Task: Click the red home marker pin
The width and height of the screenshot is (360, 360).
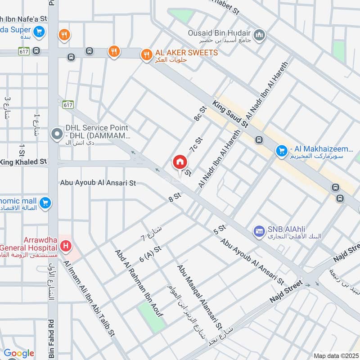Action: coord(180,162)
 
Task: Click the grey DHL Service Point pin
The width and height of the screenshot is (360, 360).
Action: coord(57,134)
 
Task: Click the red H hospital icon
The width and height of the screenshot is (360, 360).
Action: coord(66,246)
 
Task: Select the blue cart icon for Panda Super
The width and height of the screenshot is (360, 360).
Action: coord(40,31)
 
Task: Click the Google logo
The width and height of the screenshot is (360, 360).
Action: coord(18,353)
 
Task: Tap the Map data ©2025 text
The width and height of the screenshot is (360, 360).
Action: coord(335,355)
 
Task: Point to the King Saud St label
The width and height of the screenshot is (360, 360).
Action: coord(231,114)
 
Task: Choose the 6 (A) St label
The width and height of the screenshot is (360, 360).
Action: coord(150,253)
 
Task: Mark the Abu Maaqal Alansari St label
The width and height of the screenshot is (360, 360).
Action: coord(199,296)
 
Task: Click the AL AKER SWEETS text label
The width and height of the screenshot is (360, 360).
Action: coord(186,53)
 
